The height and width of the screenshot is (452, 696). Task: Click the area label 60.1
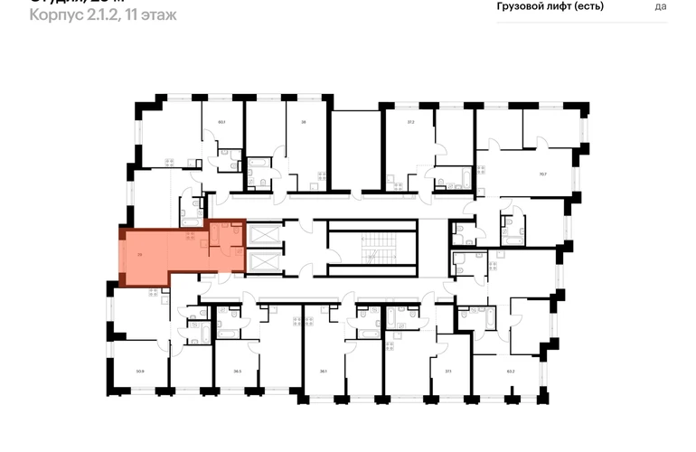(221, 121)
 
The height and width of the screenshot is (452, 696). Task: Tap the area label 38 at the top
(304, 121)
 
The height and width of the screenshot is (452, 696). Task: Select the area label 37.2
(410, 121)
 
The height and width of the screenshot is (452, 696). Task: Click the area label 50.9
(140, 370)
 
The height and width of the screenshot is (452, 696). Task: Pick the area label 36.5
(238, 370)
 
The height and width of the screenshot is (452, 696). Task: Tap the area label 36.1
(322, 370)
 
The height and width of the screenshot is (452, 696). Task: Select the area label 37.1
(447, 370)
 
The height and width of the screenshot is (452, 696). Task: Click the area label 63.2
(511, 370)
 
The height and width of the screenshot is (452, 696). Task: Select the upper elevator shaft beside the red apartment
(263, 233)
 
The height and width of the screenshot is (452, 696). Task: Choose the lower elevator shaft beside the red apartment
(263, 263)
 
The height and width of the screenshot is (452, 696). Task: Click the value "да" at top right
(661, 6)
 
